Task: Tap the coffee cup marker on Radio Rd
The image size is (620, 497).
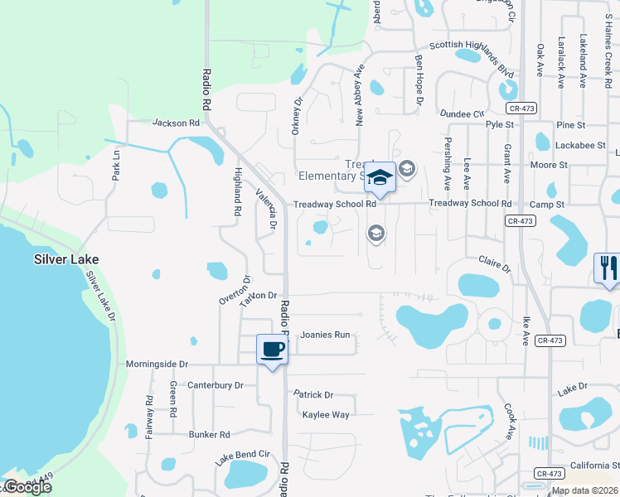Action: [272, 350]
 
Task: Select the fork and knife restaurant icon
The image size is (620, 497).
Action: [607, 268]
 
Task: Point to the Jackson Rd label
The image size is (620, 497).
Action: [177, 123]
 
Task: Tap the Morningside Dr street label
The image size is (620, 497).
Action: [157, 364]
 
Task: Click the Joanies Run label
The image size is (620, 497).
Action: [325, 335]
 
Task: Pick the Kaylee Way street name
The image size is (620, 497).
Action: [326, 415]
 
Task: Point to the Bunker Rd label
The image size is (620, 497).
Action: [208, 434]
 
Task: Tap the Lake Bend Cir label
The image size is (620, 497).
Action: [243, 455]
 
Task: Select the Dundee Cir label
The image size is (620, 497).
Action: [462, 113]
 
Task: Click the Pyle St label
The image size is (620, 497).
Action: [500, 124]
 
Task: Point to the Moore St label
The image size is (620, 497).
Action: [549, 165]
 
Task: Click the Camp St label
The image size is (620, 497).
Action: [547, 204]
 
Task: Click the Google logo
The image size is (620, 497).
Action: [27, 487]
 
